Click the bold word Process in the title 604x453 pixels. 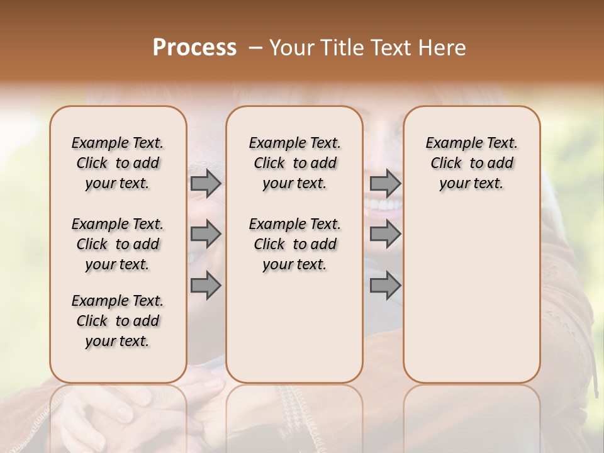point(194,48)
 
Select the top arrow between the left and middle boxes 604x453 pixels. point(206,183)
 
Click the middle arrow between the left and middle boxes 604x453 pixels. point(206,234)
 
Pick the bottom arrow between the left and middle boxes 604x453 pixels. point(206,286)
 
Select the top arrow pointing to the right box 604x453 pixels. point(385,183)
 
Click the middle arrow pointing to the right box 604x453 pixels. point(385,234)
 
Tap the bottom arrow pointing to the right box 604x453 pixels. point(385,286)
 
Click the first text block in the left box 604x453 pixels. point(118,163)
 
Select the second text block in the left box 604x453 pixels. point(118,244)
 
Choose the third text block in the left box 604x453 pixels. point(118,321)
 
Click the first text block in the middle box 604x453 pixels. point(294,163)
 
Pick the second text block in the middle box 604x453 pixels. point(294,244)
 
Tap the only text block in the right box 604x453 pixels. point(471,163)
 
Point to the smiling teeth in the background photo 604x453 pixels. point(383,204)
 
